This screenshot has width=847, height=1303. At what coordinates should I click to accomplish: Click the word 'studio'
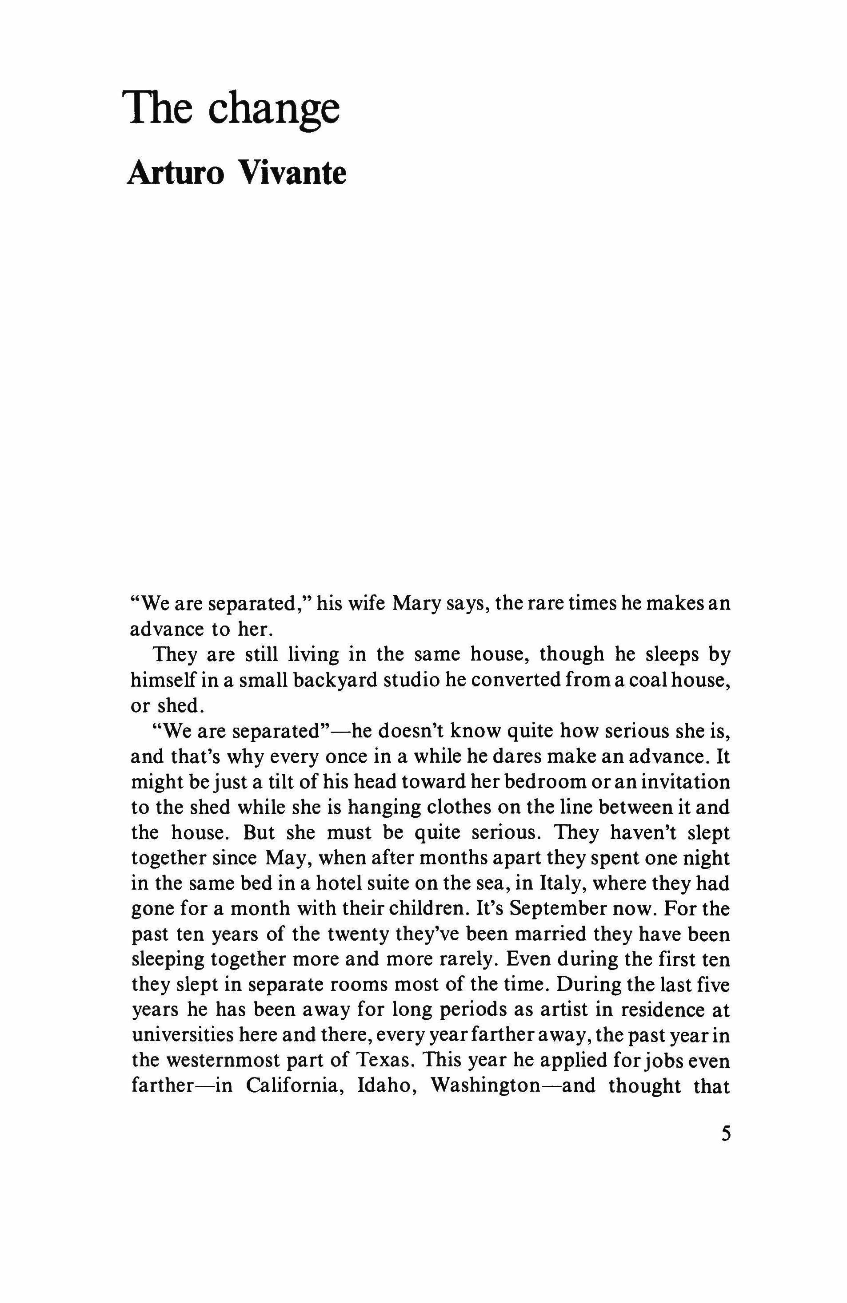(403, 680)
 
